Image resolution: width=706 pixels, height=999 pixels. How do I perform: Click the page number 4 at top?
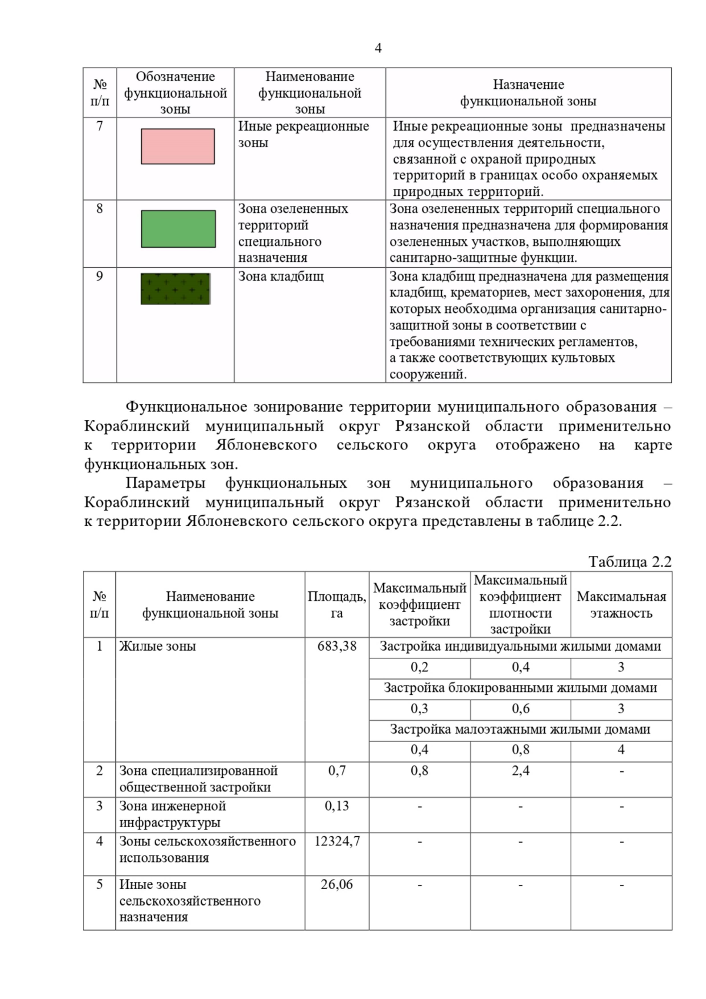tap(378, 48)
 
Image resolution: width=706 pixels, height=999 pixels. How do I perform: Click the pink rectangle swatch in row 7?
tap(178, 146)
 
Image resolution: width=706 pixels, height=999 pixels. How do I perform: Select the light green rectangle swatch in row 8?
tap(178, 229)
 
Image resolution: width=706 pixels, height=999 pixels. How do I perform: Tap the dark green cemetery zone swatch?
tap(175, 288)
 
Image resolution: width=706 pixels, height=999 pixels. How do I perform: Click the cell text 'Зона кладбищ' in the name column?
tap(281, 277)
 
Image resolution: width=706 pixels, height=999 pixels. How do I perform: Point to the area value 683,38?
tap(337, 646)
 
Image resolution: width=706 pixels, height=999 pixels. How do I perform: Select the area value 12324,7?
tap(337, 841)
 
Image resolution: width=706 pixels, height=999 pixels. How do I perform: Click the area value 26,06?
tap(337, 884)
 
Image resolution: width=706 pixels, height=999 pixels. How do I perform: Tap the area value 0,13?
tap(337, 806)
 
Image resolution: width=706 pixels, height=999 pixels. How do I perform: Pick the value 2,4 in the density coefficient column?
tap(520, 771)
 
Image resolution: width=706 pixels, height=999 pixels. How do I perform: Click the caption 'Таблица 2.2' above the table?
tap(630, 562)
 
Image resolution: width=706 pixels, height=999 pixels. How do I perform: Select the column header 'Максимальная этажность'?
tap(621, 605)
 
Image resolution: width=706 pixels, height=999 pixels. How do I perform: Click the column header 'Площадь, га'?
tap(337, 605)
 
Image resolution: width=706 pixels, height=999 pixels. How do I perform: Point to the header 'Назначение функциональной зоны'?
tap(528, 93)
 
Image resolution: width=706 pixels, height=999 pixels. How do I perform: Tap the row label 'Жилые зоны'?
tap(158, 646)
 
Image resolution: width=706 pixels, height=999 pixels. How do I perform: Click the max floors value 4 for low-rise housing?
tap(621, 750)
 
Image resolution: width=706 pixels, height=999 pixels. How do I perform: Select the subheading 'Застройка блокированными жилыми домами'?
tap(520, 688)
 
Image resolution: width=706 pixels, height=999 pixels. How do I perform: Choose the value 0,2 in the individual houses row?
tap(419, 667)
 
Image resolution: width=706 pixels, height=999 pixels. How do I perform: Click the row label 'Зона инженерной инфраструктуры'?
tap(172, 814)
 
